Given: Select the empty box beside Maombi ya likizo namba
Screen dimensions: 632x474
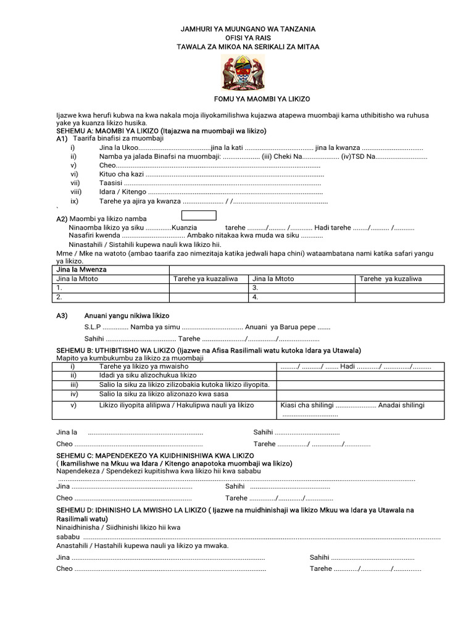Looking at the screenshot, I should (x=198, y=215).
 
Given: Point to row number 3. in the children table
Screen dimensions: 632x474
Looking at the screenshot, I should (x=256, y=288).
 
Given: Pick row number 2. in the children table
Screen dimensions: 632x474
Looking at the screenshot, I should (x=59, y=297).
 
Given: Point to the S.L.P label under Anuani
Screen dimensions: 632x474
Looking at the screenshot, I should (x=93, y=327).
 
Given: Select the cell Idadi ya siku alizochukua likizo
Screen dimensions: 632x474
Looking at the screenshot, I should (x=148, y=375).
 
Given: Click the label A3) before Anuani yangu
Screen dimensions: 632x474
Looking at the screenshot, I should (x=62, y=315).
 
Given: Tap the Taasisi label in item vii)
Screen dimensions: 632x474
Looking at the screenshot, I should (x=110, y=183).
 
